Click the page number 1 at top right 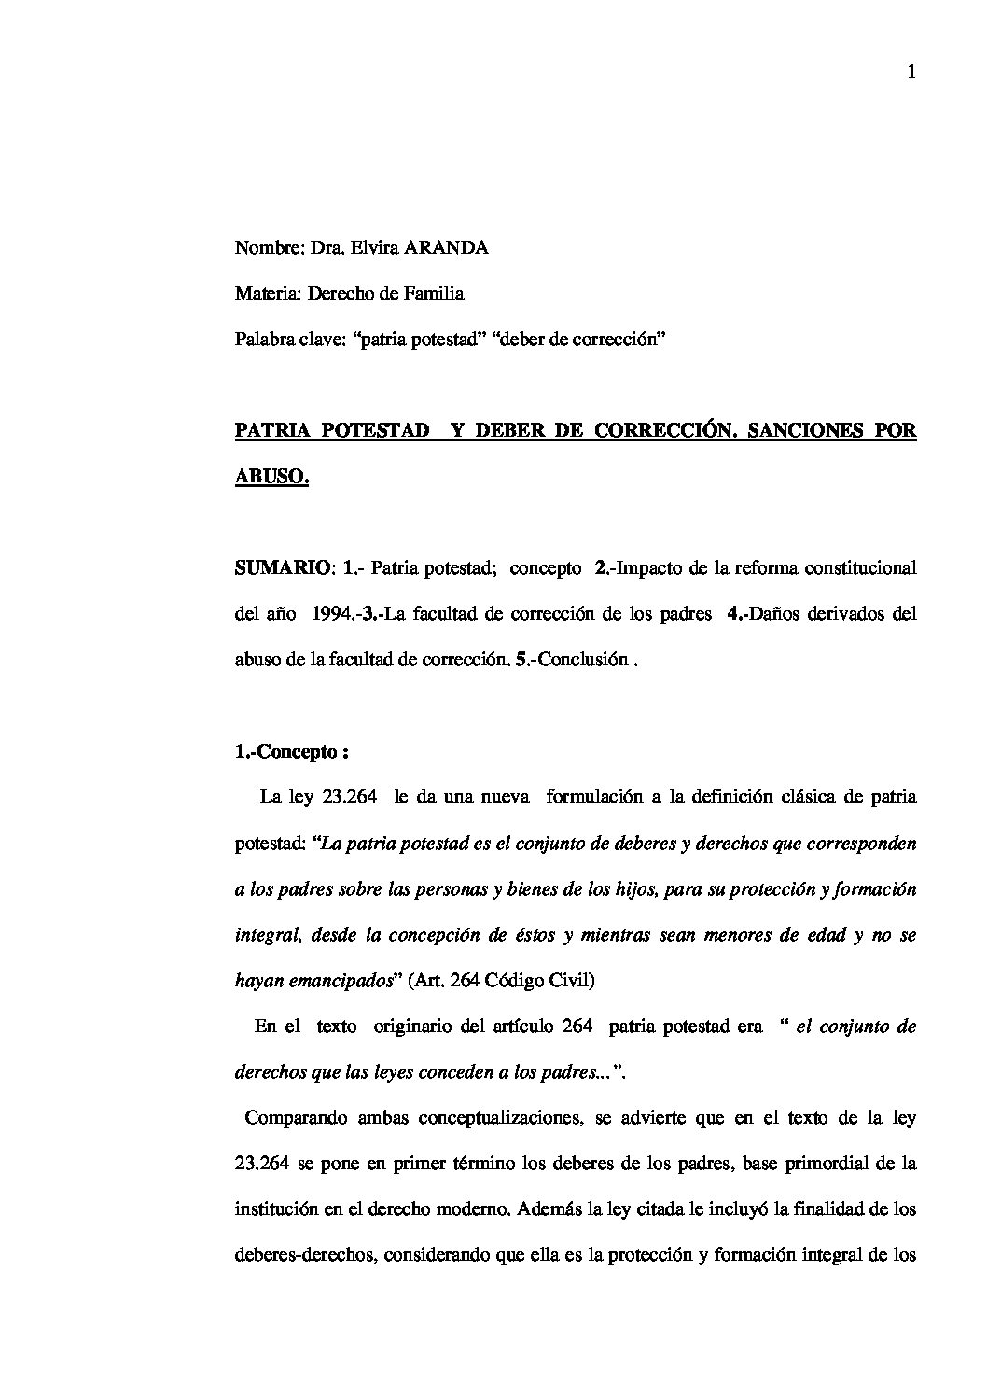(911, 74)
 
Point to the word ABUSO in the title (270, 477)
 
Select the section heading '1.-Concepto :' (291, 751)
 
